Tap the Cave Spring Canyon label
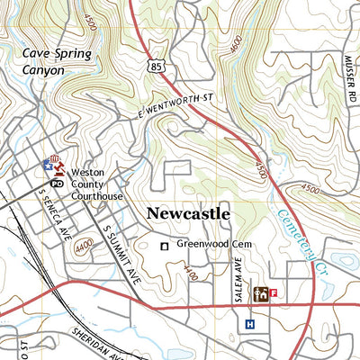[58, 61]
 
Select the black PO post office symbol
[57, 183]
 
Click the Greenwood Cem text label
[212, 245]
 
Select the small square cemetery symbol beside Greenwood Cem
[164, 246]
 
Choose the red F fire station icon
[274, 292]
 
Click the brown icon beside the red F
[261, 292]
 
